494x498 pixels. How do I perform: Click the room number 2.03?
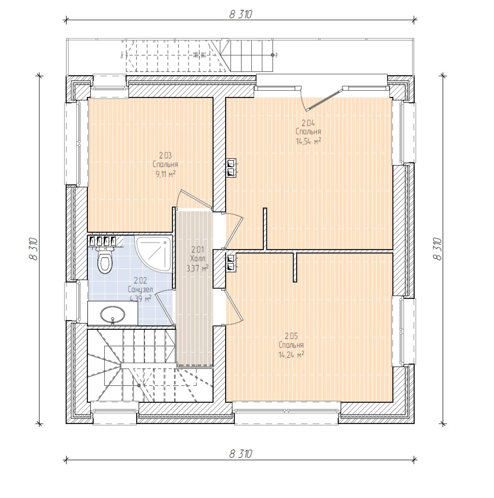[x=165, y=156]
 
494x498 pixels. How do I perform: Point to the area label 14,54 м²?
[x=308, y=141]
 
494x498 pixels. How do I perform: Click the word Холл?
[x=197, y=258]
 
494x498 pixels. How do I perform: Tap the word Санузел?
[x=140, y=290]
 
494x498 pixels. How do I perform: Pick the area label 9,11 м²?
[x=165, y=174]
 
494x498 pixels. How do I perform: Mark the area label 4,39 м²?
[x=140, y=298]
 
